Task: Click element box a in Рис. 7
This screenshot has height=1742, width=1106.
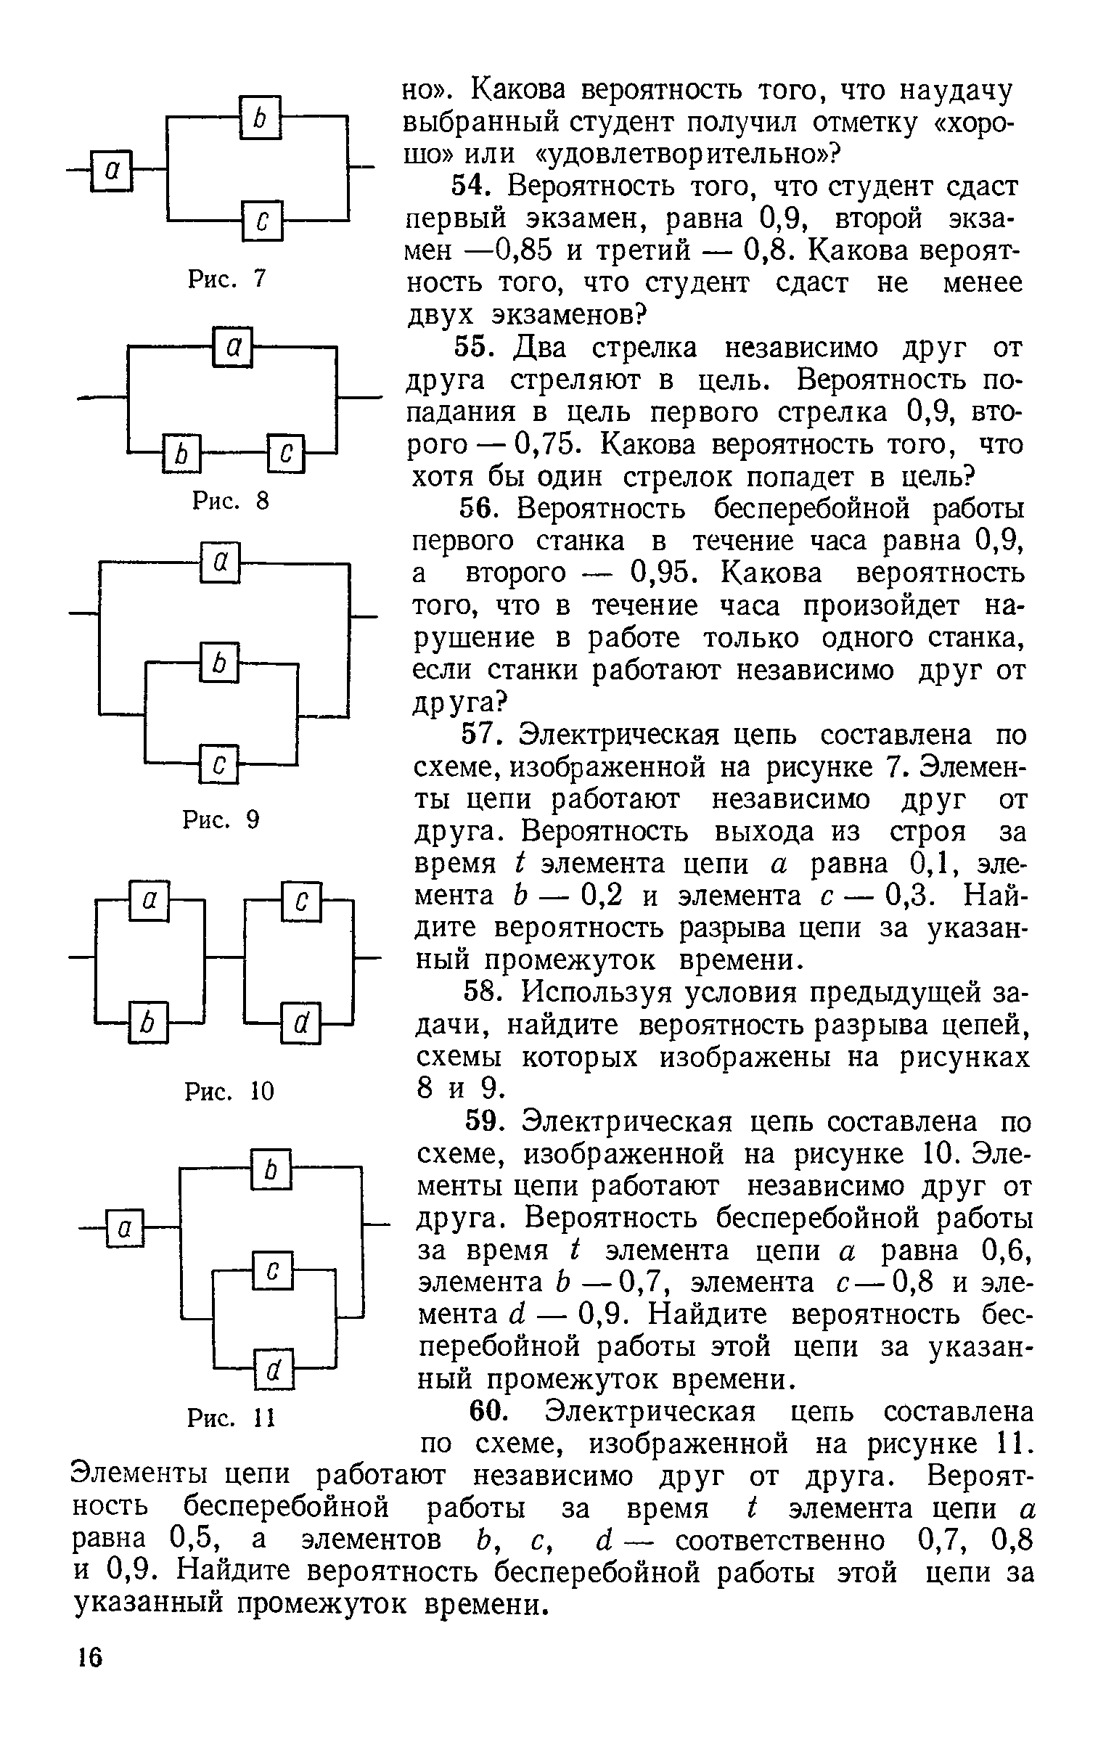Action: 112,170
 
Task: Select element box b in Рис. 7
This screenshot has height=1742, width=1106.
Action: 259,117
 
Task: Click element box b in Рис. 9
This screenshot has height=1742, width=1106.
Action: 219,662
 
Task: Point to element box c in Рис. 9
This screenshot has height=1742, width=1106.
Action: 219,764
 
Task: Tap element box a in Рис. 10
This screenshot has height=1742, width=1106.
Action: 149,901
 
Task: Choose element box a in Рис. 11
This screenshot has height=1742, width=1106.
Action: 126,1228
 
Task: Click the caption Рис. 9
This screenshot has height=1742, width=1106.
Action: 221,820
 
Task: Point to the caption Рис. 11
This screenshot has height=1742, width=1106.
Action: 231,1416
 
